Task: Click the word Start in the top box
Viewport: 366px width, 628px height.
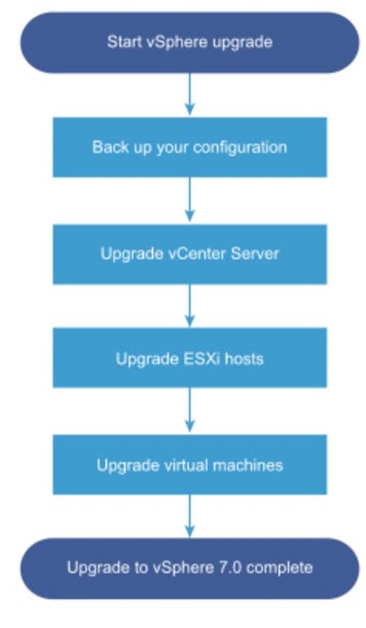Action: [121, 42]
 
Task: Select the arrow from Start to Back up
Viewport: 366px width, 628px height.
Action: [190, 94]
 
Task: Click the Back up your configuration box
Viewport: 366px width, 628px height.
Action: [190, 147]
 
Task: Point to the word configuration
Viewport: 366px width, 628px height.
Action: [239, 148]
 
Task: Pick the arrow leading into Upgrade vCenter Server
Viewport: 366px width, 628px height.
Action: [190, 199]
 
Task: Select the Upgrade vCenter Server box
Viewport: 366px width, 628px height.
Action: [190, 254]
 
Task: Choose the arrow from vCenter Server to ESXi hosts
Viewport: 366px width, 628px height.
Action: [190, 305]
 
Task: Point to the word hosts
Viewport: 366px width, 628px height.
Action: [243, 359]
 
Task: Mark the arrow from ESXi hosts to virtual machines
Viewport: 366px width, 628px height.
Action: [190, 410]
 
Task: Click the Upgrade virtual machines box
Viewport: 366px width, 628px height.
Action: [190, 465]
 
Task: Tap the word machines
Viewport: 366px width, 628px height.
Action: [248, 465]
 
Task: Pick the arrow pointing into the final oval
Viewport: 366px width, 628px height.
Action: [190, 516]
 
